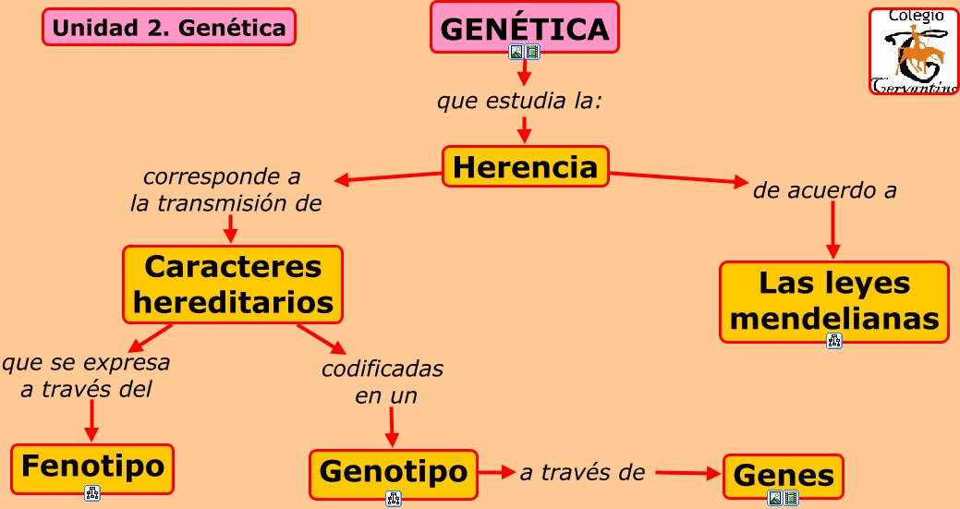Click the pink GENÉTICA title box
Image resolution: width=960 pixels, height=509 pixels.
coord(524,28)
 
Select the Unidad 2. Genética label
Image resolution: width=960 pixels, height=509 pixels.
coord(169,28)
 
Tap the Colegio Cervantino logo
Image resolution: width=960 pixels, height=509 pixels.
coord(914,52)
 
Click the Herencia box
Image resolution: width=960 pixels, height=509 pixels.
coord(525,166)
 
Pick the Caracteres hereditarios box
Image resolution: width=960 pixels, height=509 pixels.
coord(233,285)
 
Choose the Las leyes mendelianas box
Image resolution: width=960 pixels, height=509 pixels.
coord(833,301)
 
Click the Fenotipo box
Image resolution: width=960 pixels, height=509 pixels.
coord(92,467)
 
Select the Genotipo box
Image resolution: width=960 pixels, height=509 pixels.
coord(394,472)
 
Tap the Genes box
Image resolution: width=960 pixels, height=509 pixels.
coord(784,476)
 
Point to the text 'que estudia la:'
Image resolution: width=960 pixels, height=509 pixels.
coord(519,100)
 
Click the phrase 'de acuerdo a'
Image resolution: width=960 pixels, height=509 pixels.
coord(825,191)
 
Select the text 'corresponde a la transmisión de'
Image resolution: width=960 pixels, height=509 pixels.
coord(225,189)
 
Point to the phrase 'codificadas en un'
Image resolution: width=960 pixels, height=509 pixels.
coord(383,382)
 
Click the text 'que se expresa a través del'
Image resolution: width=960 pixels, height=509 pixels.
coord(86,375)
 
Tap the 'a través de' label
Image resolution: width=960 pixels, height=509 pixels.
coord(581,473)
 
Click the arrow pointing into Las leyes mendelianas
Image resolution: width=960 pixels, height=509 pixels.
coord(832,230)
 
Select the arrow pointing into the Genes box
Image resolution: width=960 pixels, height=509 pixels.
coord(687,473)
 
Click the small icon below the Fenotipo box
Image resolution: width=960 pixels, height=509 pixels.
coord(92,492)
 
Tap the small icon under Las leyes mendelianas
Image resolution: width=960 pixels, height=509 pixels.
coord(834,341)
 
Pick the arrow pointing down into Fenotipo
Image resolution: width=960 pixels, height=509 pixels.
coord(91,420)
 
